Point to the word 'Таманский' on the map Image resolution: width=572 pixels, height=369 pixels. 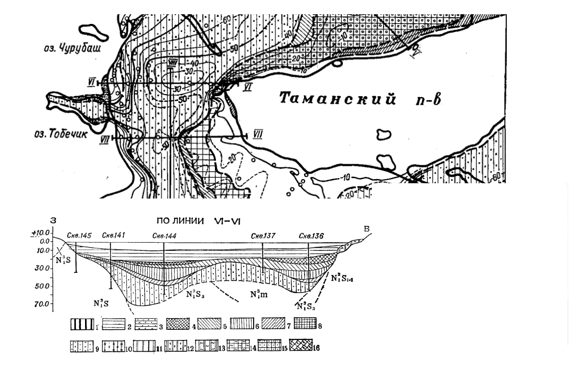coord(337,99)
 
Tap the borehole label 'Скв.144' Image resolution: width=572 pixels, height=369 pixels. coord(164,236)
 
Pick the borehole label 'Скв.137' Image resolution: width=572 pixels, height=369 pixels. coord(262,236)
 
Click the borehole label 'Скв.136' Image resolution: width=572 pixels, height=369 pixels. coord(309,236)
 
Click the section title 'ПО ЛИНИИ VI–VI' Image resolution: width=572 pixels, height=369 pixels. coord(187,221)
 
